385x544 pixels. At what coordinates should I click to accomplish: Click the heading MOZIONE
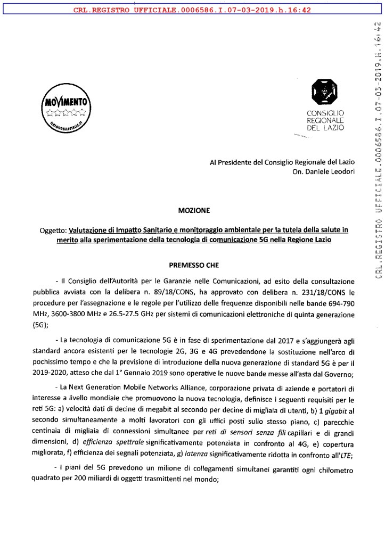[x=194, y=210]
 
